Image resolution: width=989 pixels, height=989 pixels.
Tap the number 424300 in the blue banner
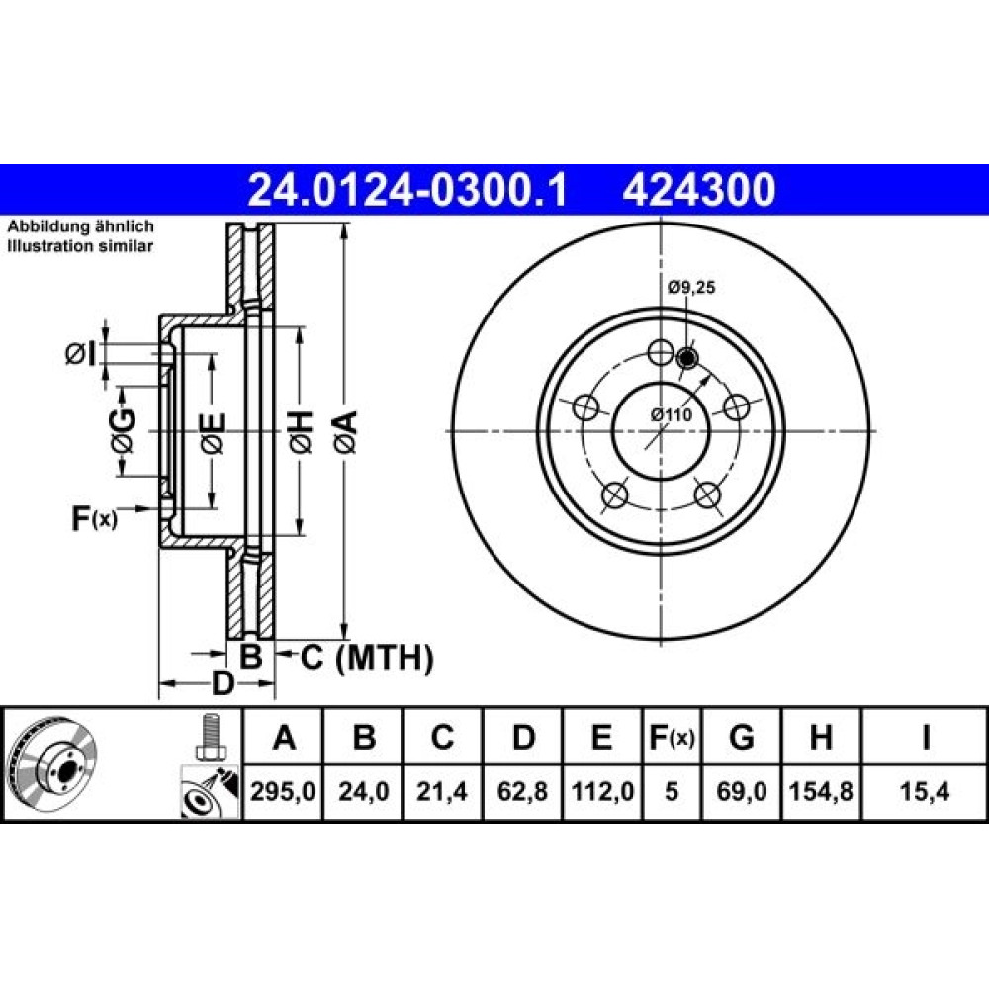pos(699,190)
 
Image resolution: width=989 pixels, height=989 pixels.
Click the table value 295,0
pos(283,791)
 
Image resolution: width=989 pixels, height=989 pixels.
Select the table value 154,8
pos(821,791)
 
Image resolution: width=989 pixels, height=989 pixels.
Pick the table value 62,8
pos(522,791)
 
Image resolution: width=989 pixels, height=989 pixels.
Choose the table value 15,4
pos(925,791)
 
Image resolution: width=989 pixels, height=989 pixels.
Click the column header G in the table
pos(741,737)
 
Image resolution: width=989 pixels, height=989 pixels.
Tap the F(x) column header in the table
pos(672,737)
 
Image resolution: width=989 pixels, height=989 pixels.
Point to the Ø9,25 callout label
pos(691,288)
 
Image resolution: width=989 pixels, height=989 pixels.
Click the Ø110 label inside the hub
pos(672,414)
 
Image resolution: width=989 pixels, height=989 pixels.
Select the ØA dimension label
pos(347,431)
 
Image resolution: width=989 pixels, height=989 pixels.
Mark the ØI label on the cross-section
pos(81,354)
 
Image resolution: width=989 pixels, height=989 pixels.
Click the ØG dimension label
pos(123,431)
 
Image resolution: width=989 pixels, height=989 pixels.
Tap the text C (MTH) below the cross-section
pos(367,658)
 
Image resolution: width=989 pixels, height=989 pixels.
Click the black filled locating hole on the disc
pos(687,358)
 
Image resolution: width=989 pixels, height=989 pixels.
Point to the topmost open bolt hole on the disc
pos(661,352)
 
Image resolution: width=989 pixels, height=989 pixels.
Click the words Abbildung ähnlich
pos(80,226)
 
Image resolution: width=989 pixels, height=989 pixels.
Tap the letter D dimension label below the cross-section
pos(222,683)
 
